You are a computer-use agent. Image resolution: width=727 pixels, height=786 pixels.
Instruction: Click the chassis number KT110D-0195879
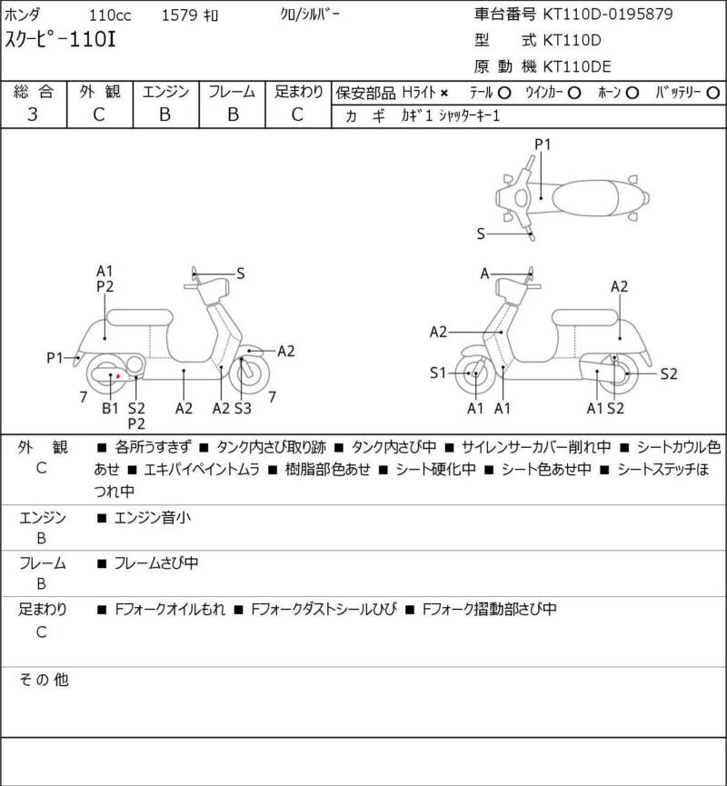point(608,14)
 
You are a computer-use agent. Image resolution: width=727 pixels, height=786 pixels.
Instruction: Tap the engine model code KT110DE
point(577,66)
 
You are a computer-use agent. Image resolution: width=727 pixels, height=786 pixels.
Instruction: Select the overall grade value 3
point(33,114)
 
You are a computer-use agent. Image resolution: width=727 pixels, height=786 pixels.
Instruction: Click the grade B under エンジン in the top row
point(165,114)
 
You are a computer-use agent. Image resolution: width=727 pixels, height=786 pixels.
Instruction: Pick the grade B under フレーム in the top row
point(233,114)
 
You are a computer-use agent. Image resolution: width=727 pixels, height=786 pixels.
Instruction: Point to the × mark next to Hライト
point(443,94)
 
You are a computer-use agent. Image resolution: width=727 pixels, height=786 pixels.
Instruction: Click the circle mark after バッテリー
point(712,93)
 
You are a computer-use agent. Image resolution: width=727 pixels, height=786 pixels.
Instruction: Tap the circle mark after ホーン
point(632,93)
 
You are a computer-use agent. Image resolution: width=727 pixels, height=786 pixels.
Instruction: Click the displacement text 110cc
point(110,15)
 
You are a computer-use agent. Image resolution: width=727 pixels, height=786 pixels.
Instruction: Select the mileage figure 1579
point(179,15)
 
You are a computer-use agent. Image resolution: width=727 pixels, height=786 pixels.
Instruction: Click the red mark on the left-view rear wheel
point(118,375)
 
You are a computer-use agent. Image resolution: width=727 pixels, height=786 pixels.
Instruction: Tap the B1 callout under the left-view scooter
point(110,408)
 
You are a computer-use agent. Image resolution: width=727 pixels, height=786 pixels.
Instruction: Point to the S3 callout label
point(243,408)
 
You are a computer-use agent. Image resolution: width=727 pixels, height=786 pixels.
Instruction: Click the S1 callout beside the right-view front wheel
point(438,373)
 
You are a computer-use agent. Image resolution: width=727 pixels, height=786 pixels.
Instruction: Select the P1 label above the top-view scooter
point(543,144)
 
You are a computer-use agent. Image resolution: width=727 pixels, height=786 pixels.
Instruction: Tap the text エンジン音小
point(153,517)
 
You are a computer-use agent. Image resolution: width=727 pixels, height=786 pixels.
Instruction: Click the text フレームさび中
point(156,563)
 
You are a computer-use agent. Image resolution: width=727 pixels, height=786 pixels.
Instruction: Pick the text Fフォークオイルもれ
point(170,609)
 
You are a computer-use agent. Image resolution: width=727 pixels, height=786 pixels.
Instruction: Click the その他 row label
point(44,680)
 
